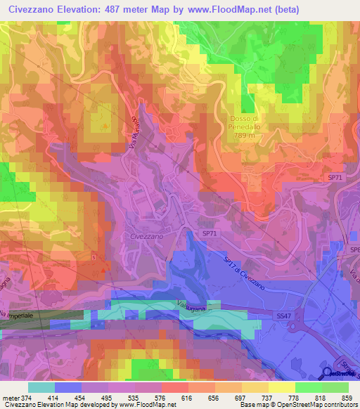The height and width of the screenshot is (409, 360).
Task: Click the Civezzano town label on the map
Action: point(147,237)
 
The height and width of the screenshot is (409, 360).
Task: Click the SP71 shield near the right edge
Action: point(335,178)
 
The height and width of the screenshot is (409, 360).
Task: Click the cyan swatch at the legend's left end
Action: point(41,387)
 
